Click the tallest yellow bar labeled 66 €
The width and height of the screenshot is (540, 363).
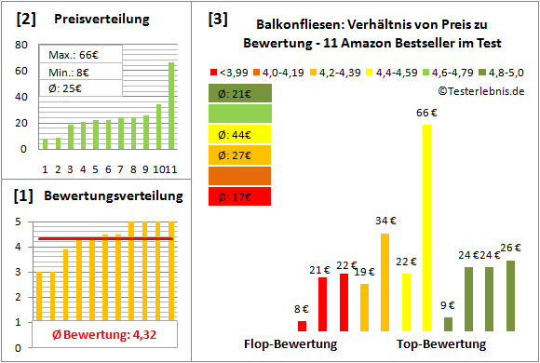click(x=427, y=227)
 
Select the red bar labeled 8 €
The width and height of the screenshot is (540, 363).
click(x=302, y=326)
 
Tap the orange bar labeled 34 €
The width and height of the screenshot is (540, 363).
click(x=385, y=282)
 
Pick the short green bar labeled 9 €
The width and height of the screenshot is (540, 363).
click(x=448, y=324)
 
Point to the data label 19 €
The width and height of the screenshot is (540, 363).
click(x=364, y=272)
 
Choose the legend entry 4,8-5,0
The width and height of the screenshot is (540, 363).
click(x=504, y=71)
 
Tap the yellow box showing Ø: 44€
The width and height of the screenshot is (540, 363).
click(x=240, y=133)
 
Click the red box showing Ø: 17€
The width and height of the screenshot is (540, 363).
click(x=240, y=196)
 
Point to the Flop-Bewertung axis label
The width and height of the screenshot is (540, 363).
click(x=290, y=344)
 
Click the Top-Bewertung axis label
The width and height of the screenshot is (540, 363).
click(x=441, y=344)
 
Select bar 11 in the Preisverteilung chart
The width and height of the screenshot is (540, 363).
click(x=171, y=105)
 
